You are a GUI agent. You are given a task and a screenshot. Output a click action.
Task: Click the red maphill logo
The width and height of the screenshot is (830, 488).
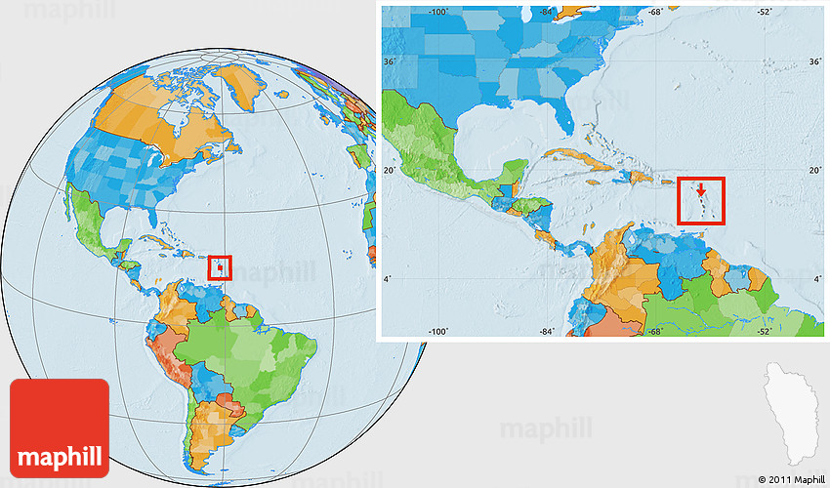coord(60,427)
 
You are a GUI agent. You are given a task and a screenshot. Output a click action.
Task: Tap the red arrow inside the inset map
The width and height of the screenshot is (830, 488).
coord(700,191)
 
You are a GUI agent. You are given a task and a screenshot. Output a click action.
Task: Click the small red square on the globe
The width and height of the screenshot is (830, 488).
coord(221,266)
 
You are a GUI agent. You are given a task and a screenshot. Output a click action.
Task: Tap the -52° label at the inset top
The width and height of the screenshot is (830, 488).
coord(763,13)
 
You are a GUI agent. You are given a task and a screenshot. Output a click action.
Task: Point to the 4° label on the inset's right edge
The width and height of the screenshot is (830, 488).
coord(815,280)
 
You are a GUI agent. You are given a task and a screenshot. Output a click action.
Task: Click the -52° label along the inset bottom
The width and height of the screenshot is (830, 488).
coord(763,331)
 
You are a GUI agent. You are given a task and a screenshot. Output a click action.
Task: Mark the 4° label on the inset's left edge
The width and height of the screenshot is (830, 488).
coord(390,280)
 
